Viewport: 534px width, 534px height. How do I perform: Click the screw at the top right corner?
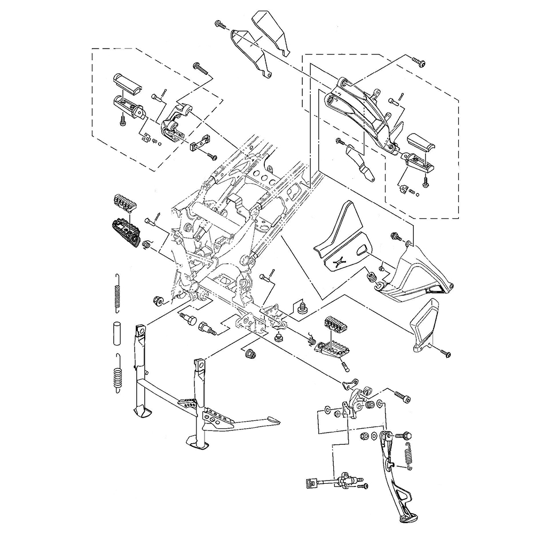(x=420, y=62)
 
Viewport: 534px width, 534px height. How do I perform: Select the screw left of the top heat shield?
(x=219, y=23)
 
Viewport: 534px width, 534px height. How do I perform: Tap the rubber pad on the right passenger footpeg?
(x=418, y=143)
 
